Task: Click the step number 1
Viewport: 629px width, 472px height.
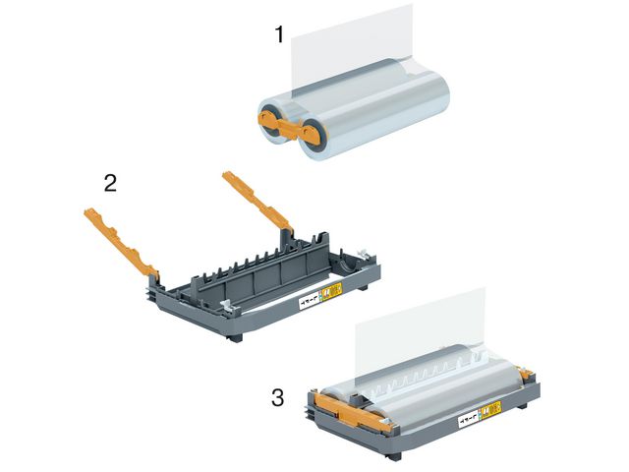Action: point(279,35)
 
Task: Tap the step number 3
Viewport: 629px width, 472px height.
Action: point(279,398)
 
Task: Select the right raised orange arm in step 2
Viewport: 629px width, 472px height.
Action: point(257,201)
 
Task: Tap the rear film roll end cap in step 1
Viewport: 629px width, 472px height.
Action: point(270,111)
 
